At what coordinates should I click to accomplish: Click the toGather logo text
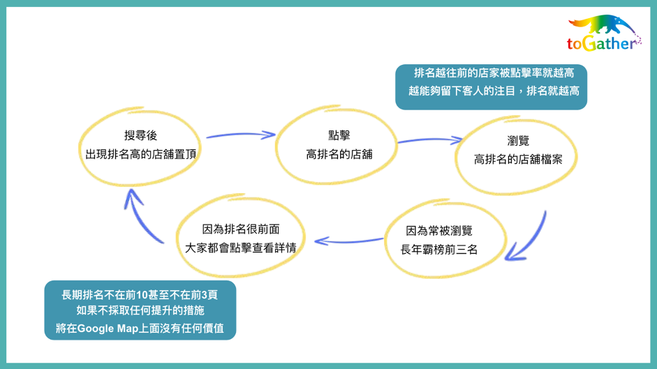click(x=602, y=43)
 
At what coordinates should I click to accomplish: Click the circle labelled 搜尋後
click(x=80, y=146)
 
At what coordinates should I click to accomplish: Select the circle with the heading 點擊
click(x=276, y=144)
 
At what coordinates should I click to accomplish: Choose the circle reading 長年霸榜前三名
click(x=385, y=239)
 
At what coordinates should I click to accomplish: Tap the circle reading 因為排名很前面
click(x=177, y=236)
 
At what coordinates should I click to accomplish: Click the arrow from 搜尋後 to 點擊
click(x=241, y=135)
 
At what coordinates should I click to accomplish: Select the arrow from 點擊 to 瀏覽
click(x=430, y=140)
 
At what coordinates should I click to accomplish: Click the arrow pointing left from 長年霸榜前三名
click(x=348, y=241)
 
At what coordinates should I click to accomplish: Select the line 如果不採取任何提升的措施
click(x=140, y=310)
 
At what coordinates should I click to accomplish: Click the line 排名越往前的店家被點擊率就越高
click(x=494, y=73)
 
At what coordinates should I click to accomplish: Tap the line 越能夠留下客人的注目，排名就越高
click(x=494, y=91)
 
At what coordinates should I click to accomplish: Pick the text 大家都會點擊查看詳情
click(x=240, y=248)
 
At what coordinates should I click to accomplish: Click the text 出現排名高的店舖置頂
click(x=141, y=154)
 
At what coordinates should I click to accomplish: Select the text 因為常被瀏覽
click(x=439, y=231)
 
